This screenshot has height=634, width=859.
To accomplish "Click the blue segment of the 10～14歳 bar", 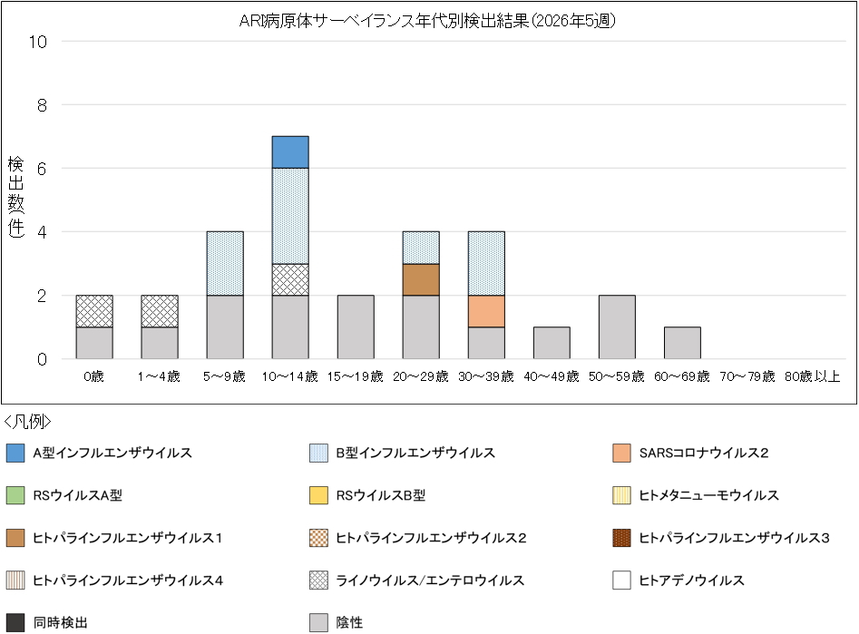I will click(290, 152).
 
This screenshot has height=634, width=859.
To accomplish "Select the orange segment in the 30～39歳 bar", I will click(486, 311).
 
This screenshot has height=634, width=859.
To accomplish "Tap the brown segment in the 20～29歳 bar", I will click(421, 279).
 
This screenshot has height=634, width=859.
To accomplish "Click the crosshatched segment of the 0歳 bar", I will click(94, 311).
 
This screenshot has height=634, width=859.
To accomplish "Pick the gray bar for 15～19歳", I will click(356, 327).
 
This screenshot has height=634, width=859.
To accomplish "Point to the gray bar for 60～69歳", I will click(682, 343).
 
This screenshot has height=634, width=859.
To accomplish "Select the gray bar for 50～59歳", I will click(617, 327).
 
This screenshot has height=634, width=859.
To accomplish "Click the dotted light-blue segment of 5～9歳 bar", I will click(225, 263).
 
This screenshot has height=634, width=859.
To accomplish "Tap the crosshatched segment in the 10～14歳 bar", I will click(290, 279).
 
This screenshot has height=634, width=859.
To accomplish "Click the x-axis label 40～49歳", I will click(552, 376).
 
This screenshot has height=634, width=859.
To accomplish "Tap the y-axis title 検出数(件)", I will click(15, 197).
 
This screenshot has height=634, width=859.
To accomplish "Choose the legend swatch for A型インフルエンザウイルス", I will click(15, 453).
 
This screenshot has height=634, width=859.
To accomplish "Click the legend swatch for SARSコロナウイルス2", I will click(622, 453).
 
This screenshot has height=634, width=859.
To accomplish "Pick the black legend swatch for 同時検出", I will click(15, 623).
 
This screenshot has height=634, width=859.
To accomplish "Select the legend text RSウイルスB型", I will click(380, 495).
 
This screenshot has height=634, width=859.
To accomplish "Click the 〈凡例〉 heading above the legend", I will click(28, 422).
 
